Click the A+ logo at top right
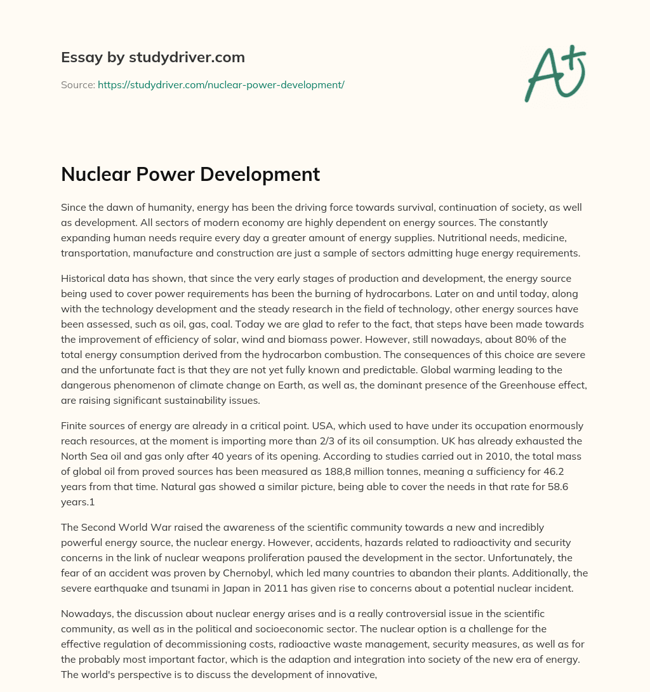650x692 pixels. (554, 73)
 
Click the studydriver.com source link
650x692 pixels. (221, 84)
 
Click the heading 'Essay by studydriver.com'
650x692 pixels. (152, 57)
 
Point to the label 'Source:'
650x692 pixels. (77, 84)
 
